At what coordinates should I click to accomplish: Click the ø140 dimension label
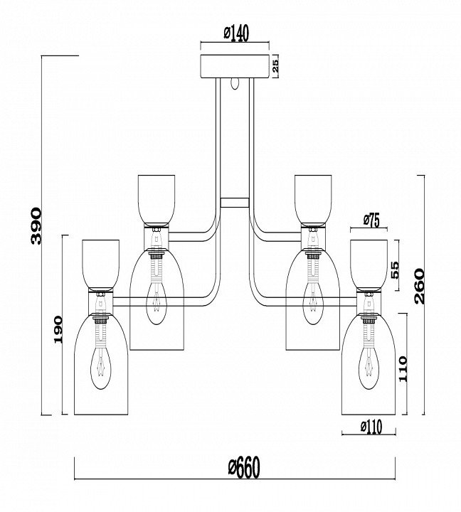(x=235, y=34)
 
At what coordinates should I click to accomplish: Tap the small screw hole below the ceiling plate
(x=235, y=83)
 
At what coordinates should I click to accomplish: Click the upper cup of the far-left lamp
(x=101, y=263)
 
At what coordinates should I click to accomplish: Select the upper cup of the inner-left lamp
(x=156, y=197)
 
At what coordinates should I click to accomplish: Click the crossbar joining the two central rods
(x=235, y=202)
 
